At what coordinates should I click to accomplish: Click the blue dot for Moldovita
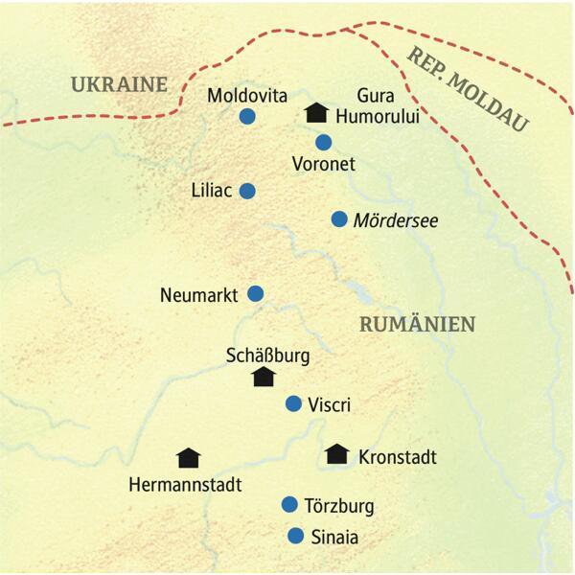point(247,117)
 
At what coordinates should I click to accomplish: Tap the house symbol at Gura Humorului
point(316,114)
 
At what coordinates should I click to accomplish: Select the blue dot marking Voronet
point(324,143)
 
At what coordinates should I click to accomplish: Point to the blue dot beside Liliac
point(247,191)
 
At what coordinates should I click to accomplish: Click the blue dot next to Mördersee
point(338,219)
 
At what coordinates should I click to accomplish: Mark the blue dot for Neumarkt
point(255,293)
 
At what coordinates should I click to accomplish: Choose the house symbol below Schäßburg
point(263,377)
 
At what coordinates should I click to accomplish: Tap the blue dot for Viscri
point(294,403)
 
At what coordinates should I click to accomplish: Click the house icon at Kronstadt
point(336,454)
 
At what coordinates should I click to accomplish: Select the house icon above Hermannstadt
point(190,458)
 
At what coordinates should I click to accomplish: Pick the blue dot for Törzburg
point(289,504)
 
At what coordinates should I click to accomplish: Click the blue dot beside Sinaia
point(296,536)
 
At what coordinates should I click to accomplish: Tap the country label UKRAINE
point(119,84)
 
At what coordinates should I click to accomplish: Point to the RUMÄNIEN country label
point(417,325)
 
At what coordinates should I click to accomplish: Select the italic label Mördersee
point(397,220)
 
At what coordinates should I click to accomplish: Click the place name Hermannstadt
point(184,485)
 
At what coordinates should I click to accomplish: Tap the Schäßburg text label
point(267,355)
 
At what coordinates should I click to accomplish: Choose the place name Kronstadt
point(397,457)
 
